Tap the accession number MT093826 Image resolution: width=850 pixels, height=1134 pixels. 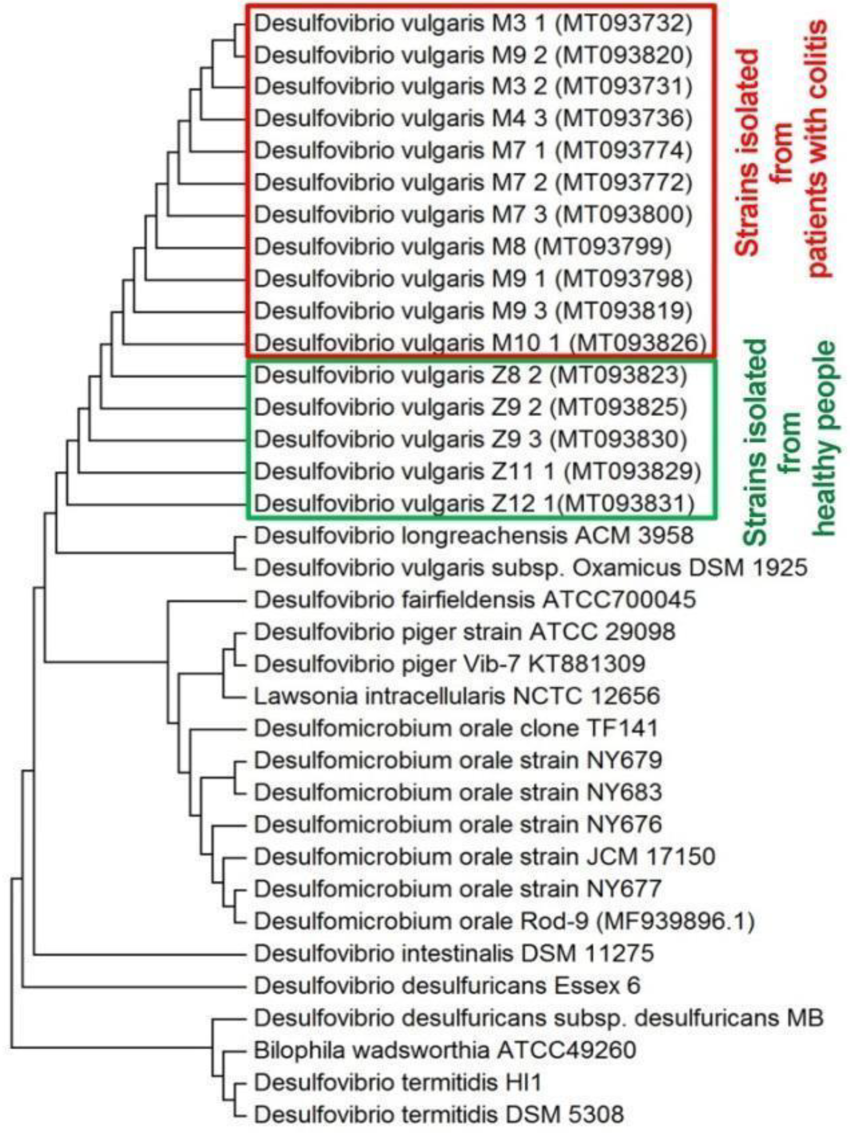(639, 342)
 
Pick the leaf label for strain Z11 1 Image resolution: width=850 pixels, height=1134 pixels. (477, 471)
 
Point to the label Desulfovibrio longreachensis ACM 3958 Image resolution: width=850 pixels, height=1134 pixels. (473, 535)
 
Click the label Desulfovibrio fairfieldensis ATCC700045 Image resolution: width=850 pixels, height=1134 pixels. (475, 599)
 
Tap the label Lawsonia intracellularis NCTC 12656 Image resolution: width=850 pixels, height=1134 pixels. (457, 696)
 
